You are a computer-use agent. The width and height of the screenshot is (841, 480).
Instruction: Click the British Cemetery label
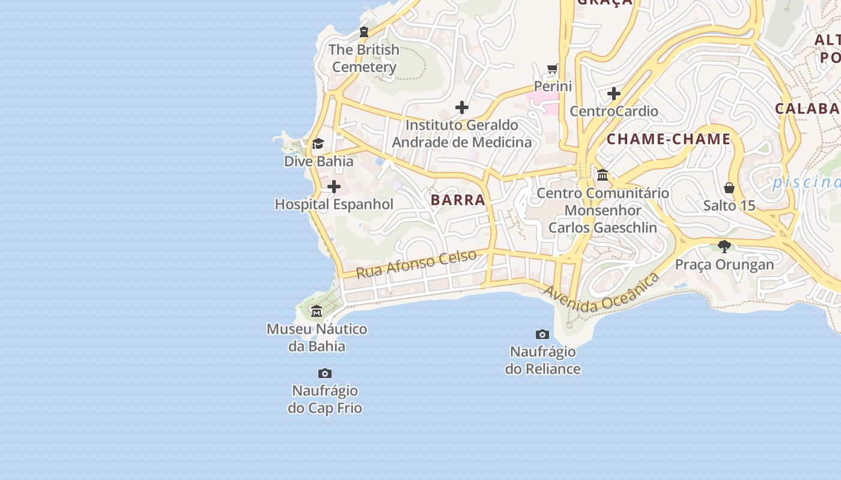(364, 58)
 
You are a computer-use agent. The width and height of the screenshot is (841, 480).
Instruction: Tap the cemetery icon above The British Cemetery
(364, 32)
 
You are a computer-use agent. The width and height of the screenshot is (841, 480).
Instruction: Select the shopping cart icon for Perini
(553, 68)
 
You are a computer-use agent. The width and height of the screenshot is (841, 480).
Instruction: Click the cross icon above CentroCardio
(613, 94)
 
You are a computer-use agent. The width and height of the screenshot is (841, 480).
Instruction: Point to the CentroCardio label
(613, 111)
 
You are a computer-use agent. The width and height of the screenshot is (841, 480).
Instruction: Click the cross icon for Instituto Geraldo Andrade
(462, 107)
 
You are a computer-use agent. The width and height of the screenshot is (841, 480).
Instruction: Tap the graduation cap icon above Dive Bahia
(318, 144)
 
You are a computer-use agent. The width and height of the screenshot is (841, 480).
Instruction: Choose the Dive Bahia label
(318, 161)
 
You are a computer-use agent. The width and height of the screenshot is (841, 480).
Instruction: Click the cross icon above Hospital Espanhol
(334, 187)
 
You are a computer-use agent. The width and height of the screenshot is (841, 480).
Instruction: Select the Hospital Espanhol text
(334, 204)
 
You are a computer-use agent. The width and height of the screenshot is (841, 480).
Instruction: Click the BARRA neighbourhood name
(458, 200)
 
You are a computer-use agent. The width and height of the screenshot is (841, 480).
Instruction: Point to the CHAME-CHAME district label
(669, 140)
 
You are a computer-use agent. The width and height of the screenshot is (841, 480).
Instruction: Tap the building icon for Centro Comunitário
(603, 175)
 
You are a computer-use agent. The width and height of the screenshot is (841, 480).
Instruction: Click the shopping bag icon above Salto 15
(729, 188)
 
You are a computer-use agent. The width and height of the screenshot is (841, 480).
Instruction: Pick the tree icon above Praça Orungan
(724, 246)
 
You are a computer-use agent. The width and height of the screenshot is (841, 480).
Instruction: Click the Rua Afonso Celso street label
(416, 264)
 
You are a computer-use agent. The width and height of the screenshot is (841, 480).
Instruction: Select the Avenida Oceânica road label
(601, 293)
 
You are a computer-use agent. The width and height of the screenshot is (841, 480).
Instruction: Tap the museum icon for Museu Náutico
(317, 311)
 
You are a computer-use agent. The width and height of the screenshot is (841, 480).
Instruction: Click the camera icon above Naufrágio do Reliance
(542, 334)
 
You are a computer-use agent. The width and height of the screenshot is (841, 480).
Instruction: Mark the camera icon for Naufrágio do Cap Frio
(324, 373)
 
